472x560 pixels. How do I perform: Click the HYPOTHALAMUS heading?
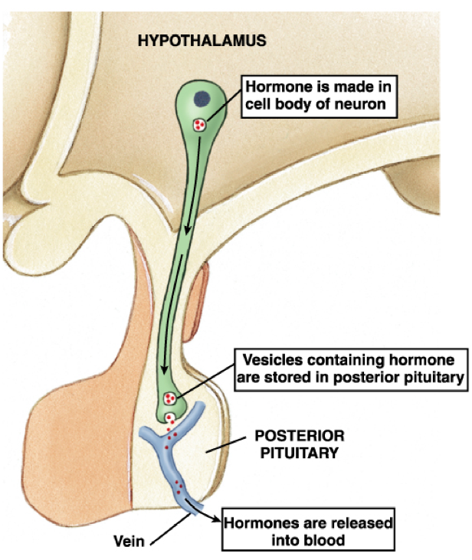point(202,41)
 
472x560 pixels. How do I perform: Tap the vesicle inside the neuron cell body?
point(200,124)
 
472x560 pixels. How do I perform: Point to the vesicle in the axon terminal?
point(171,399)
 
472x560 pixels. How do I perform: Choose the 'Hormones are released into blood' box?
point(306,531)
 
